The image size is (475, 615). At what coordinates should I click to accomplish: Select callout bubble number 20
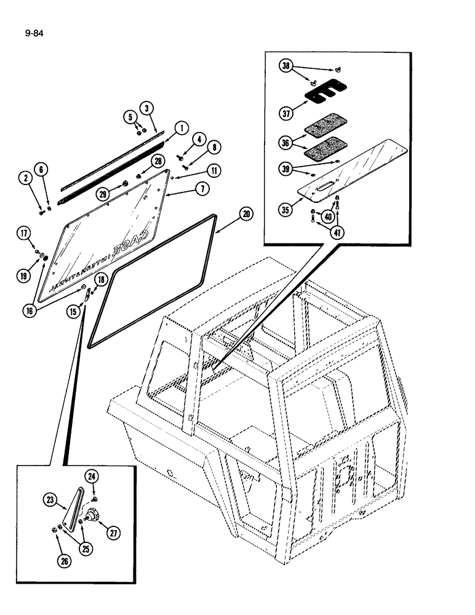pyautogui.click(x=246, y=214)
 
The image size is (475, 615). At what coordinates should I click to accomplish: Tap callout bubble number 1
pyautogui.click(x=181, y=128)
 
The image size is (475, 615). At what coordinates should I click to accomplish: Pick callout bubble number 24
pyautogui.click(x=92, y=475)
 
